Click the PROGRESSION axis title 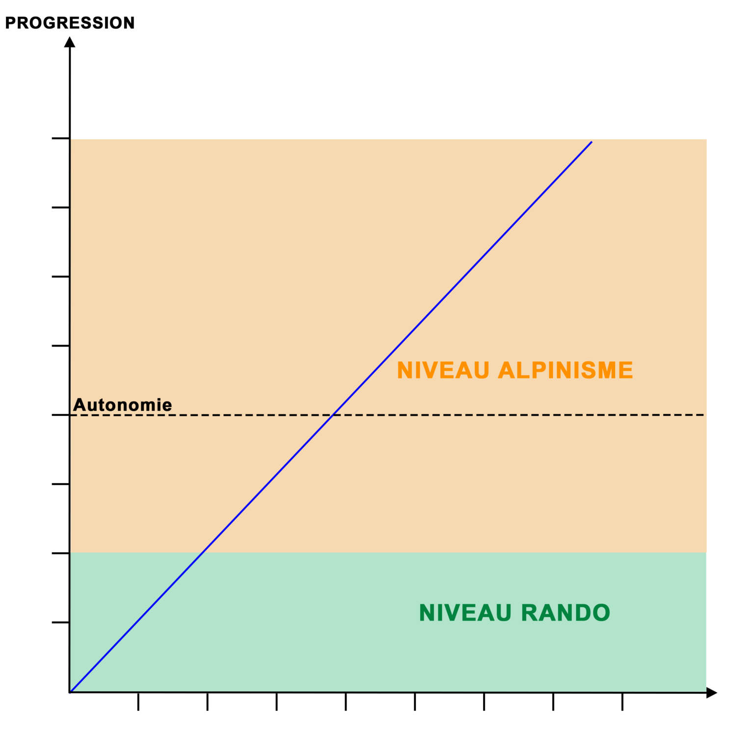pos(70,23)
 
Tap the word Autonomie pos(122,405)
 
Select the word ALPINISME pos(565,370)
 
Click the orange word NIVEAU pos(443,370)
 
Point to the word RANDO pos(565,613)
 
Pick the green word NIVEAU pos(465,613)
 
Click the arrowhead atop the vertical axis pos(70,42)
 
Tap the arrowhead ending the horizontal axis pos(712,693)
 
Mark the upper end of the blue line pos(592,142)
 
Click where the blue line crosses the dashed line pos(333,415)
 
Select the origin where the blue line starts pos(70,692)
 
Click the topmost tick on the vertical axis pos(60,138)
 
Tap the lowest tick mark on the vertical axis pos(60,622)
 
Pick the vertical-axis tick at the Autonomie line pos(60,415)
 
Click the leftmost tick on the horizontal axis pos(138,701)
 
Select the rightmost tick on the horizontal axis pos(622,701)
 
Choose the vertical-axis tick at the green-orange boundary pos(60,553)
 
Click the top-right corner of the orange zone pos(706,139)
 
